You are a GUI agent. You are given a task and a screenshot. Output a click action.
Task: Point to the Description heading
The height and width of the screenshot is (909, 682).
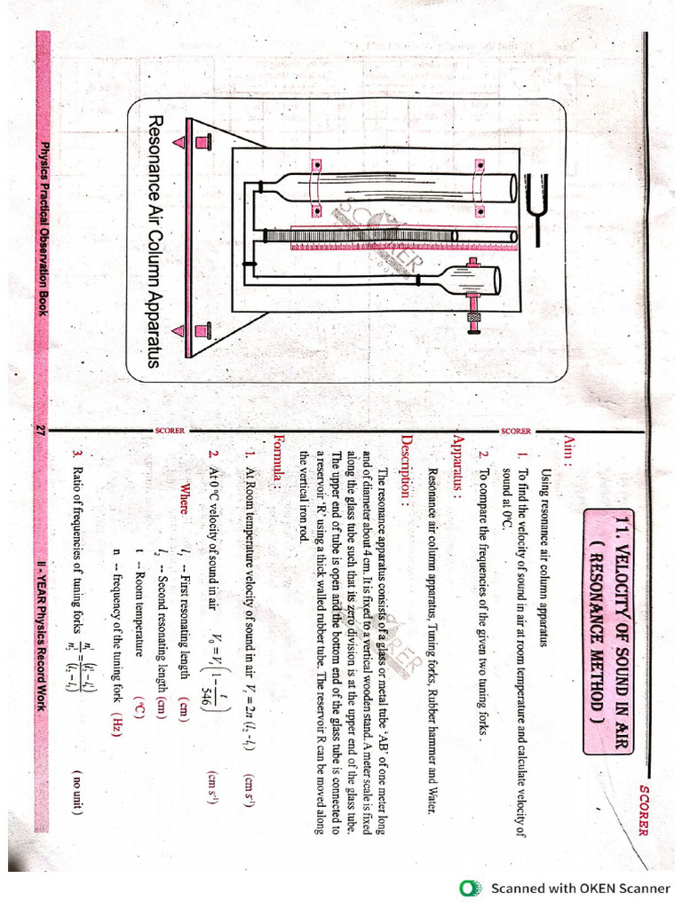[x=406, y=461]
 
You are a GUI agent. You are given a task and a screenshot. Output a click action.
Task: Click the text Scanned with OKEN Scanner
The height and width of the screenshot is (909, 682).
[x=581, y=888]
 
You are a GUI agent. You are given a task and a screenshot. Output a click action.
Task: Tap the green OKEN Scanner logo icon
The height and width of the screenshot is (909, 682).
[x=469, y=888]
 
